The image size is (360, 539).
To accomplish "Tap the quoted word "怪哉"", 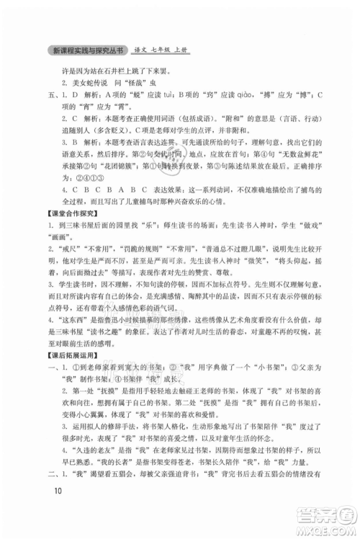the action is click(157, 81).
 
